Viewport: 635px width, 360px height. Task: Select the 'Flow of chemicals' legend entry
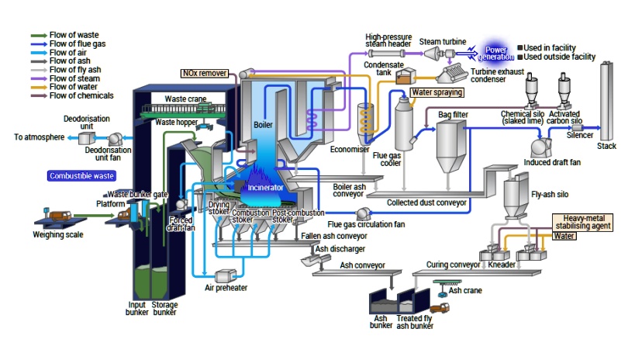(76, 95)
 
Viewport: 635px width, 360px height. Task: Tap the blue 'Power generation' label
(495, 52)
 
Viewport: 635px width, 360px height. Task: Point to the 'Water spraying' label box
(437, 92)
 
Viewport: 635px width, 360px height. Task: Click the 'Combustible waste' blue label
(81, 176)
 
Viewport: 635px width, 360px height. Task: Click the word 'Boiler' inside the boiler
(262, 124)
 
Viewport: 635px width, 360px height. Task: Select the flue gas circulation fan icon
(361, 213)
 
